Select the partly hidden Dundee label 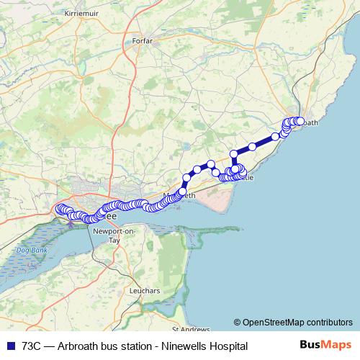click(110, 215)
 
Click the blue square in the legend click(9, 346)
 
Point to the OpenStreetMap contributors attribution click(297, 323)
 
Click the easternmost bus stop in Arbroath click(301, 121)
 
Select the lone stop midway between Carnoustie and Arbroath click(253, 146)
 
